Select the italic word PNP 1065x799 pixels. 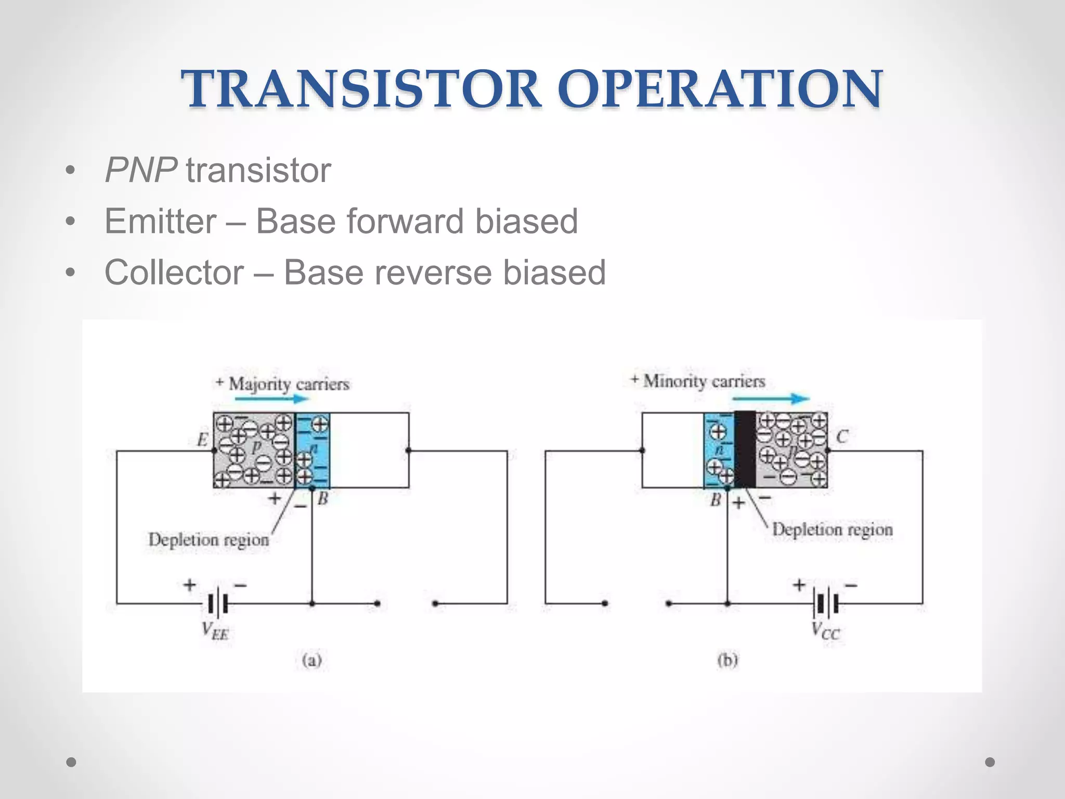pos(140,170)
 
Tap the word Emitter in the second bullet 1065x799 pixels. pos(160,221)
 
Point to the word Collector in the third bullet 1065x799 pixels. pos(174,272)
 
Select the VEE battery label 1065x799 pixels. pos(215,631)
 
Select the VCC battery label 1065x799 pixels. pos(825,631)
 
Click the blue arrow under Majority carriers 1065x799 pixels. pos(271,399)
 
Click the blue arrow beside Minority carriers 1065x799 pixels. pos(770,399)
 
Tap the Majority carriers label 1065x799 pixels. pos(283,384)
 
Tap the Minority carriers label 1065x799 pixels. pos(699,381)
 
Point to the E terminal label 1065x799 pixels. pos(202,441)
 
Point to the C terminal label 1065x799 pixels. pos(842,436)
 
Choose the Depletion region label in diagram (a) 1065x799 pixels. pos(209,540)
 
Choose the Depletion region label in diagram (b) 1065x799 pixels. pos(832,530)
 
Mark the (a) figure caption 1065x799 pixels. pos(311,661)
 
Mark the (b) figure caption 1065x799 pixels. pos(728,661)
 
